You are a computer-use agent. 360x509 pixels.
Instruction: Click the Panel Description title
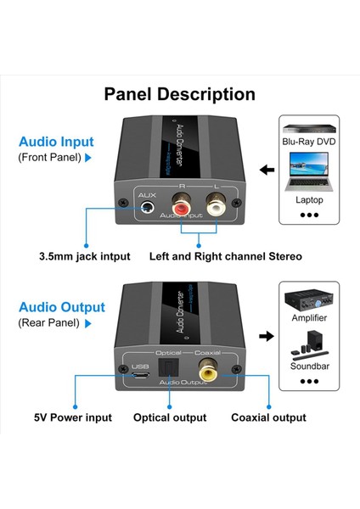179,94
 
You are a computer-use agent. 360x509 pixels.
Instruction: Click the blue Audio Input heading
57,142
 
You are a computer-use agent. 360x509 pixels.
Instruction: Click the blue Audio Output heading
62,307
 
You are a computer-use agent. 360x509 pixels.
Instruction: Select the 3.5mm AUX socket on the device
149,205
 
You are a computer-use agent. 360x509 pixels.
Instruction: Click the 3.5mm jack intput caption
84,255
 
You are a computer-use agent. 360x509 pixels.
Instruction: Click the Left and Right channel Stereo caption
226,255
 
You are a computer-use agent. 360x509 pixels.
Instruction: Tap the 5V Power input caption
74,417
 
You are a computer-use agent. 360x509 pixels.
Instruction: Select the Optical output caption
170,417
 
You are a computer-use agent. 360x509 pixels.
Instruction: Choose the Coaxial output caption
268,417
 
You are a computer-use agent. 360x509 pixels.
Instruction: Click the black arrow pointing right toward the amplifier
266,337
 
